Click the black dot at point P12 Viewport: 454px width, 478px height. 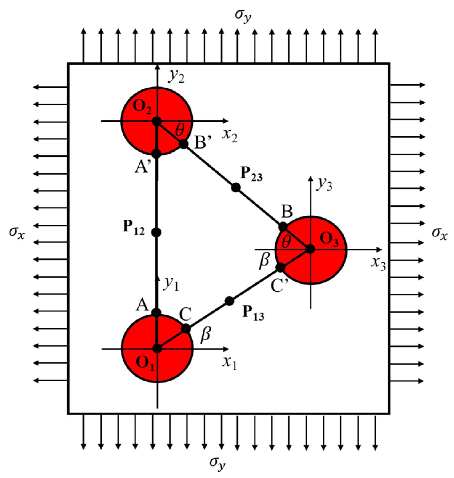[x=157, y=232]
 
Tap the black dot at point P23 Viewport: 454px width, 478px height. [x=236, y=187]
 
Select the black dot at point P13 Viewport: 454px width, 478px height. [x=229, y=301]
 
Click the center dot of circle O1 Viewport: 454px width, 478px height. [x=157, y=349]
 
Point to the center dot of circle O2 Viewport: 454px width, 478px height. [x=157, y=121]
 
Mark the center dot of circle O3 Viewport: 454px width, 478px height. [x=310, y=249]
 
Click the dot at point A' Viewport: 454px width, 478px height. [x=157, y=153]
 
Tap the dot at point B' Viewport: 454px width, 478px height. [x=183, y=144]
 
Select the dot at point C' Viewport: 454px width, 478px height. [x=280, y=267]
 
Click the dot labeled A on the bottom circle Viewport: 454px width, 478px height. [x=157, y=312]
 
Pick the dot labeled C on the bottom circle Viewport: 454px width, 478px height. [x=186, y=329]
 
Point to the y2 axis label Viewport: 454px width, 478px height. [x=176, y=77]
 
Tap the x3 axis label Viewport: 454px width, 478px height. [x=378, y=263]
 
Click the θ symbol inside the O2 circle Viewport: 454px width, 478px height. [x=179, y=130]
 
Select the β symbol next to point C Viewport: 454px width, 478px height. [x=205, y=336]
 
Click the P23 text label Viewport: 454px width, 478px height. [x=251, y=174]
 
